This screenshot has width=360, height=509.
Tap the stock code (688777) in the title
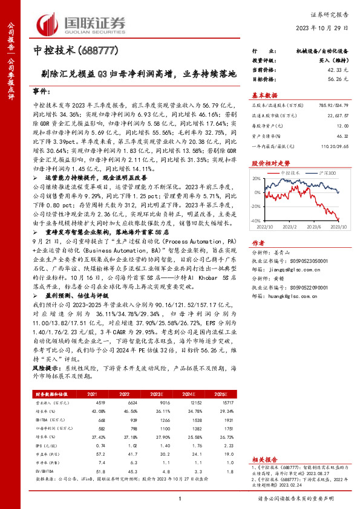click(106, 51)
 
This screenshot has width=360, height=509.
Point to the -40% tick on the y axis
click(256, 221)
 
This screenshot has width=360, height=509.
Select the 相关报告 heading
click(264, 460)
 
